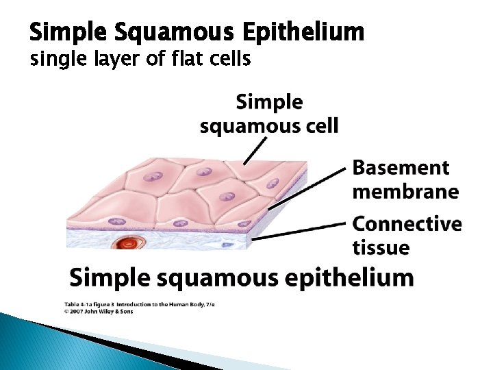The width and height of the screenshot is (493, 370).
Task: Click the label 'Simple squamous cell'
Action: (x=269, y=114)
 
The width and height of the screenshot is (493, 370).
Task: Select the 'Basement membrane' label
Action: (x=405, y=179)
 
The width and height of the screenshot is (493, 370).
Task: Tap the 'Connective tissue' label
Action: (x=406, y=235)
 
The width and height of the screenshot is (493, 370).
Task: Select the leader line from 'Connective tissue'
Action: (x=301, y=230)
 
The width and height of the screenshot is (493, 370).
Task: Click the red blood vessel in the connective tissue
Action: (x=127, y=243)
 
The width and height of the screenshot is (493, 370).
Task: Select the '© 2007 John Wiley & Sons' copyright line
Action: (x=99, y=311)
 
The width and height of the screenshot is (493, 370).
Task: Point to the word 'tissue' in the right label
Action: (x=381, y=247)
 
